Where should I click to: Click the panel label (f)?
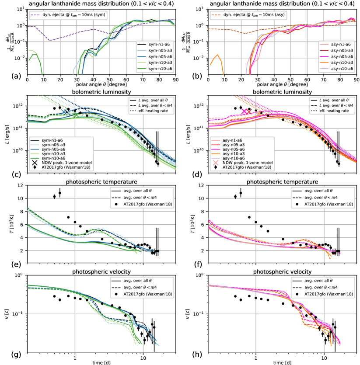click(x=188, y=258)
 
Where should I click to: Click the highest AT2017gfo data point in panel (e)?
click(x=60, y=193)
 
